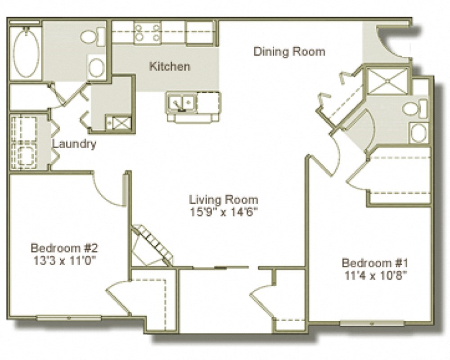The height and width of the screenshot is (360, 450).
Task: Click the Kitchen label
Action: point(169,67)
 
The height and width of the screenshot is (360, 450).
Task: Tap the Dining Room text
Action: point(289,51)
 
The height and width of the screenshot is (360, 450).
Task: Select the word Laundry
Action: point(74,144)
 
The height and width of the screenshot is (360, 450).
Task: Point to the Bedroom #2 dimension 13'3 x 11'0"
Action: point(64,260)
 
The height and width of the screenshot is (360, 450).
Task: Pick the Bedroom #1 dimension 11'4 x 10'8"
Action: point(375,275)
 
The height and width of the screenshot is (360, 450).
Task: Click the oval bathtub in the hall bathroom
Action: point(25,53)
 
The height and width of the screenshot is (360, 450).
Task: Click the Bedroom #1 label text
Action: point(375,263)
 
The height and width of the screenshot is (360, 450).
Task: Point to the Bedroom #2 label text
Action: point(64,247)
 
